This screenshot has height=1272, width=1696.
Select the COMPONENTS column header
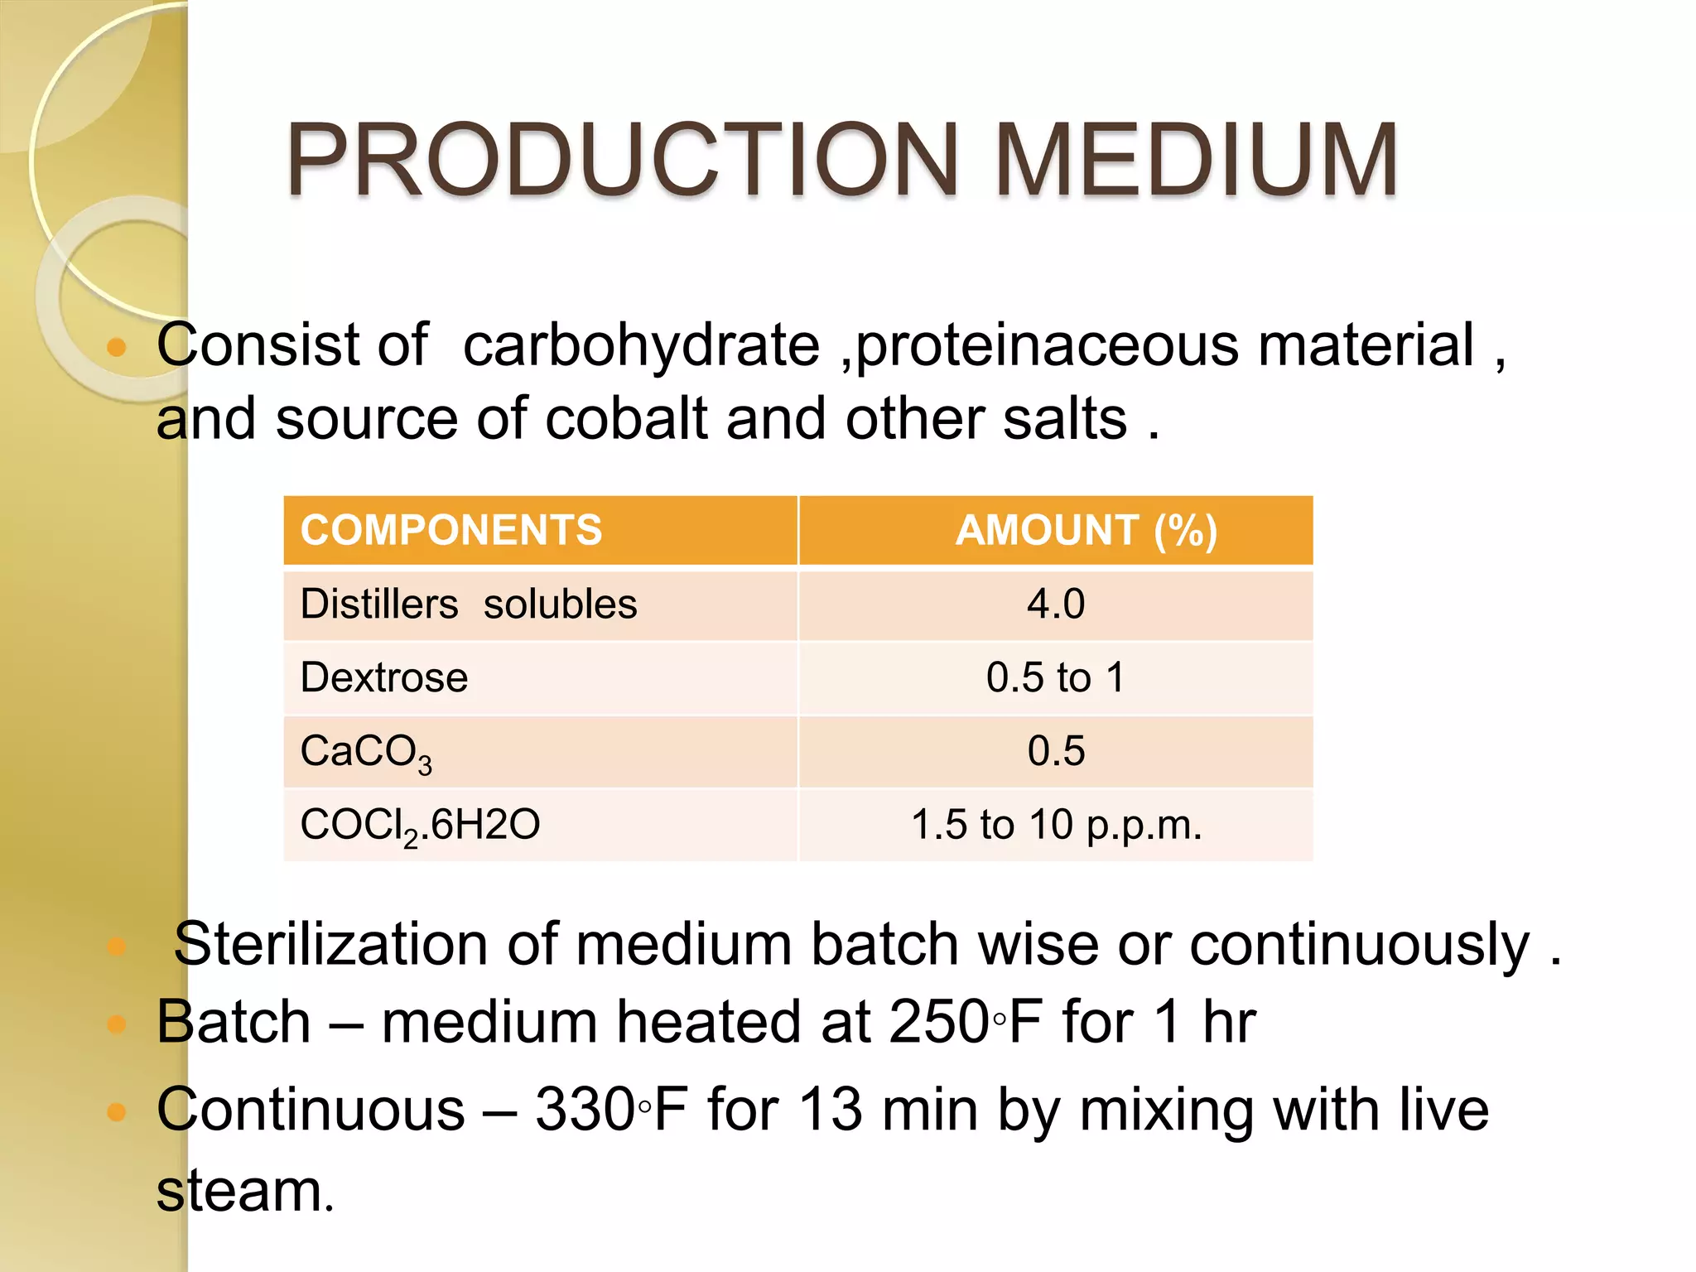(451, 530)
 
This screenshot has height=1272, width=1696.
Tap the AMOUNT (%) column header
(1086, 530)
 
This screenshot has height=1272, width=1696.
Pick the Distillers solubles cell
(469, 604)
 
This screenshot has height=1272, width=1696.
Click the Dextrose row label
(384, 677)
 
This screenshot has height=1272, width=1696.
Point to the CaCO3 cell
(366, 752)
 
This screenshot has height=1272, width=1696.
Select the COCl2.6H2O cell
(420, 826)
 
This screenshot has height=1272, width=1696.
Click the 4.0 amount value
(1056, 604)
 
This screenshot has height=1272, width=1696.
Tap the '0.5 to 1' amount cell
(1056, 677)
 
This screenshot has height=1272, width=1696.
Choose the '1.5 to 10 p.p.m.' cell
(1056, 825)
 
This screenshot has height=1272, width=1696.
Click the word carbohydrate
(641, 344)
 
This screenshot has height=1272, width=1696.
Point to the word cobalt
(626, 418)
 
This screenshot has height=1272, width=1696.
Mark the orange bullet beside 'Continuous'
(117, 1111)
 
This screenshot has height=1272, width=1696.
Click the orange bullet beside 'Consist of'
(117, 347)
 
